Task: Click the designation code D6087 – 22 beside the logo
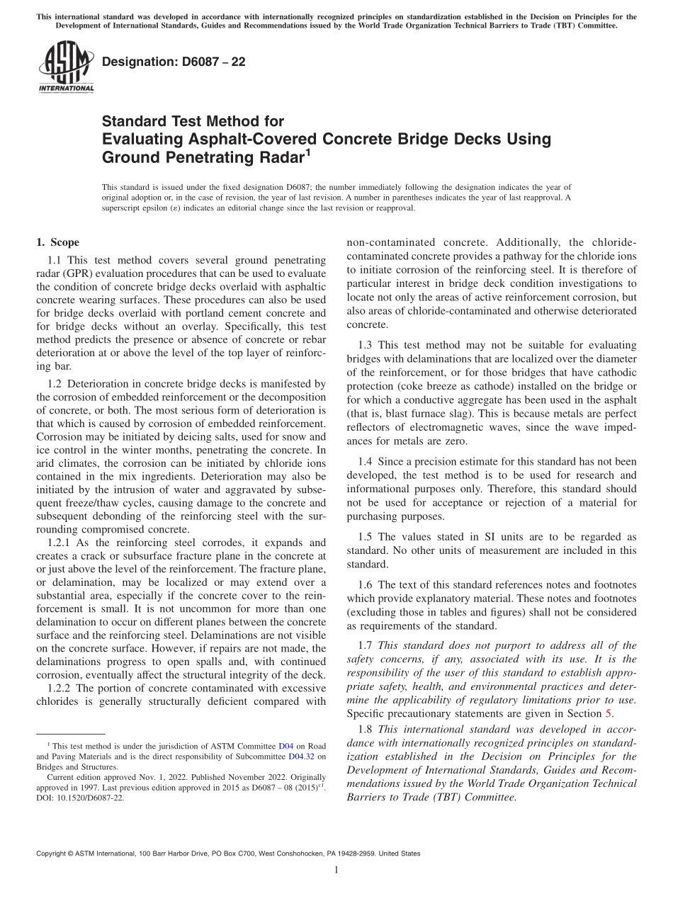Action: click(174, 62)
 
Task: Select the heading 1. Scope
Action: click(57, 242)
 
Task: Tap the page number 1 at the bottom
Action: click(336, 870)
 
